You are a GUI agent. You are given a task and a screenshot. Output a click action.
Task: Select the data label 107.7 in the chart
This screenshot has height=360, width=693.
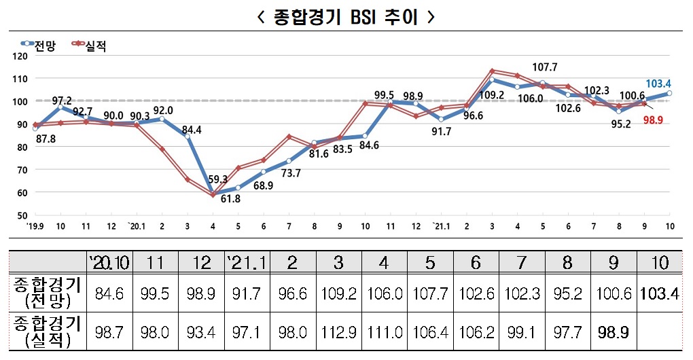coord(544,67)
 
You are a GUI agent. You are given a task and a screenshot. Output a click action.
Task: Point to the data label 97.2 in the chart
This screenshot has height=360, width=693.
coord(62,100)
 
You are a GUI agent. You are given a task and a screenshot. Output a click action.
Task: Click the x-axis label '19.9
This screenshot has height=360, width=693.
coord(35,226)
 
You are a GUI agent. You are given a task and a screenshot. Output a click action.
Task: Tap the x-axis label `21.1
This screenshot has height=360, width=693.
coord(441,226)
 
